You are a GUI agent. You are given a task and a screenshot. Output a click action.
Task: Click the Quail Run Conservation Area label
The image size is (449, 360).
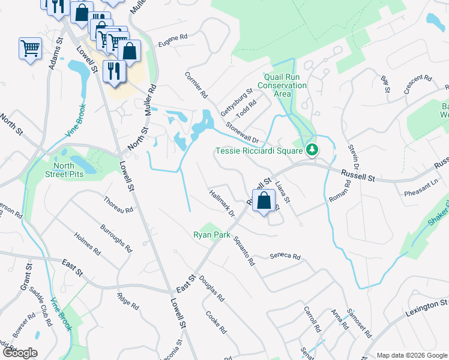coord(282,85)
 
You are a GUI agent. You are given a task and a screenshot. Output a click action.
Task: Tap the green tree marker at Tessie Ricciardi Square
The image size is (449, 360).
coord(312,149)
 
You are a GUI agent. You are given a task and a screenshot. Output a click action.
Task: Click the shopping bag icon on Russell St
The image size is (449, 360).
coord(264,202)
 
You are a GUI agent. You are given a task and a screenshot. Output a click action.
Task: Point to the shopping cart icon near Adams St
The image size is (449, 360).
coord(30,49)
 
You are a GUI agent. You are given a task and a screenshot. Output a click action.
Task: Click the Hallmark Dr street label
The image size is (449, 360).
coord(221,202)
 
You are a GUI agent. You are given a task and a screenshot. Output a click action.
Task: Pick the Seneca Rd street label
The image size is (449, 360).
coord(285,256)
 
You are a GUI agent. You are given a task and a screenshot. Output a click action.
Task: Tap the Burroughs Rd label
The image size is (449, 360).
coord(116,235)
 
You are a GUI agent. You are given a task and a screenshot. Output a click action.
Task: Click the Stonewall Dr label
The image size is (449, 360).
coord(242,132)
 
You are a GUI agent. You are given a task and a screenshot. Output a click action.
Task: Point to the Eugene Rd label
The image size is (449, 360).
coord(173,40)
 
